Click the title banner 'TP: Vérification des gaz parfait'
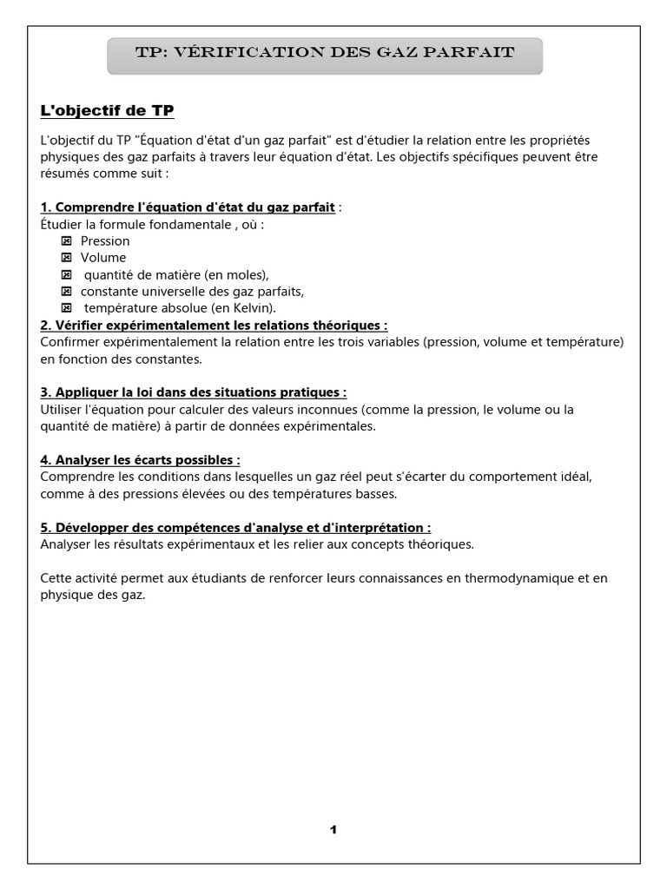coord(325,54)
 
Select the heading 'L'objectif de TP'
coord(107,110)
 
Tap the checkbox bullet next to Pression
coord(67,240)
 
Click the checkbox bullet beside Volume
coord(67,258)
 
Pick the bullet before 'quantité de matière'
coord(67,274)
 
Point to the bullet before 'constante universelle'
coord(67,291)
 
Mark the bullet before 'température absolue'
coord(67,308)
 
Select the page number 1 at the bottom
coord(333,829)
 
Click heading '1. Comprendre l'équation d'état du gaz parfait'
coord(188,207)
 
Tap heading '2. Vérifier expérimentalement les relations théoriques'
coord(214,326)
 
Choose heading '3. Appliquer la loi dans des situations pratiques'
coord(194,392)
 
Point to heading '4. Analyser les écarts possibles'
coord(140,460)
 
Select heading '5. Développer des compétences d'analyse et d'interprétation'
coord(235,527)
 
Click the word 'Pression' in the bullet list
coord(105,240)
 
